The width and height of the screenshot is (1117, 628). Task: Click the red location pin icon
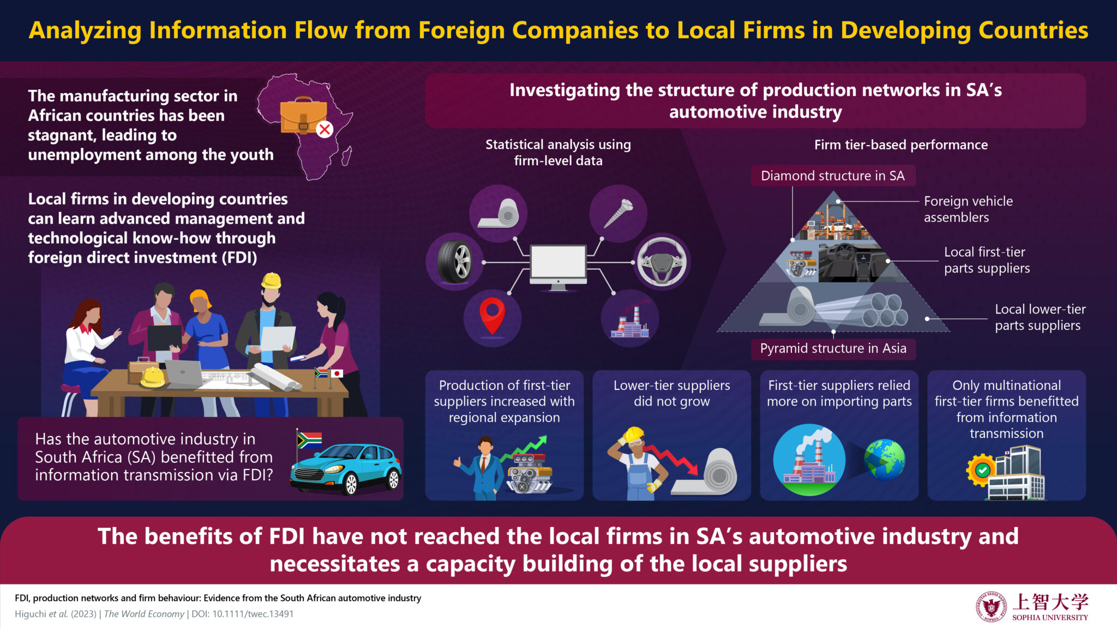[492, 316]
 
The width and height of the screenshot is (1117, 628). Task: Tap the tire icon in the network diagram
[454, 262]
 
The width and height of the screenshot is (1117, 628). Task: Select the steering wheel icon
[662, 262]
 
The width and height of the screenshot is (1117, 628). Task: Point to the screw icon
[618, 213]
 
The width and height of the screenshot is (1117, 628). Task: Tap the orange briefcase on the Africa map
[303, 116]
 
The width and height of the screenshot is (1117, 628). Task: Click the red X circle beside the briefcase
[325, 129]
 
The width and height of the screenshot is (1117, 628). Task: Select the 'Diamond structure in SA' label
[833, 176]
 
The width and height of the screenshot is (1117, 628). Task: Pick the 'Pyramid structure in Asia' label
[833, 348]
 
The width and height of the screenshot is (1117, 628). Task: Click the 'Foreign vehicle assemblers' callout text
[968, 209]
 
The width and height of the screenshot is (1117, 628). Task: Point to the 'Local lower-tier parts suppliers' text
[1040, 317]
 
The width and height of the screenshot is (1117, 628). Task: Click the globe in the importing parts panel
[885, 460]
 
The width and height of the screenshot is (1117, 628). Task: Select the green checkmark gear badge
[982, 470]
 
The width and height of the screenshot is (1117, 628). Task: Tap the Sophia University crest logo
[991, 607]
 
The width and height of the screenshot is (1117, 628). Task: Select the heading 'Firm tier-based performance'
[901, 145]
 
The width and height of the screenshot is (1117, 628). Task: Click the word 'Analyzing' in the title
[85, 31]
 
